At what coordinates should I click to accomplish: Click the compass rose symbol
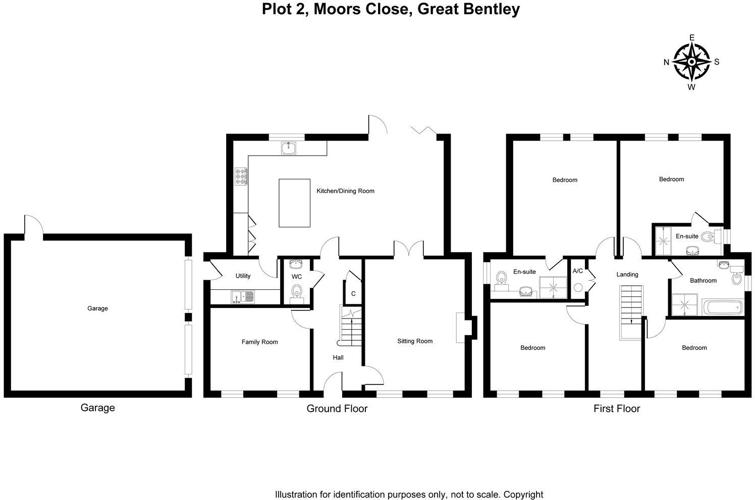[x=691, y=62]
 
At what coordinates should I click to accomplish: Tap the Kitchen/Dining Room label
[x=345, y=191]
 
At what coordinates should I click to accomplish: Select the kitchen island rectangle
[x=295, y=203]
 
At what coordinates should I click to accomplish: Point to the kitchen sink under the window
[x=289, y=148]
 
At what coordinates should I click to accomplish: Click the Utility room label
[x=243, y=276]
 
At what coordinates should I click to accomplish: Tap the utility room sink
[x=243, y=297]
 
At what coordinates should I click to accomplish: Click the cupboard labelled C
[x=353, y=293]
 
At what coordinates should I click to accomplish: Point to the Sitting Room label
[x=415, y=341]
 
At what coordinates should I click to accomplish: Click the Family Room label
[x=259, y=342]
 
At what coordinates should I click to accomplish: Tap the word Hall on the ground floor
[x=338, y=357]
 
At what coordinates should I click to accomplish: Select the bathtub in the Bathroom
[x=723, y=307]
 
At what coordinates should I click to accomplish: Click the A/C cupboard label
[x=578, y=271]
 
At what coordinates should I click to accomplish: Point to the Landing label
[x=627, y=275]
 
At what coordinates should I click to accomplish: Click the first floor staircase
[x=631, y=311]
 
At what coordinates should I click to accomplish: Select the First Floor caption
[x=616, y=409]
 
